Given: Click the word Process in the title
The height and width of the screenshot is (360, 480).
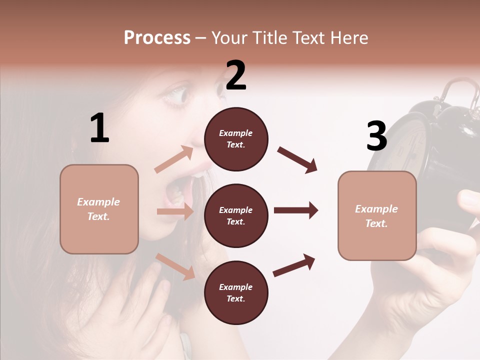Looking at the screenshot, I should click(x=157, y=38).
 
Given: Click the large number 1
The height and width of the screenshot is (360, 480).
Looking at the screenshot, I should click(x=99, y=129).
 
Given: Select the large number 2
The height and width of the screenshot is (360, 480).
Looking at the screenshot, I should click(x=236, y=76).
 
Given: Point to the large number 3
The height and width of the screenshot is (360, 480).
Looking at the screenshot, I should click(x=376, y=136).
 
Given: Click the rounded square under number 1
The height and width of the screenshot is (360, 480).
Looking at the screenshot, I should click(x=99, y=209).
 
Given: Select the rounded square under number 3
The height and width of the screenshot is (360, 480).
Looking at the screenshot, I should click(x=377, y=216).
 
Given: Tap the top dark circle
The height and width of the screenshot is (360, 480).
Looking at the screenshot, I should click(x=236, y=139).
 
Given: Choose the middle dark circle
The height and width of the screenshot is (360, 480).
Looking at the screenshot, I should click(x=236, y=215).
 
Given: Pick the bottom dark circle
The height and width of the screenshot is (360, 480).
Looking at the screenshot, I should click(x=236, y=292).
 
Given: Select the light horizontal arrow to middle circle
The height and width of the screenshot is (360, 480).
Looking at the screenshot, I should click(x=175, y=211).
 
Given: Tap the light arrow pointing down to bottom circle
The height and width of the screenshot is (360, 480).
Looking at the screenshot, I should click(x=175, y=266).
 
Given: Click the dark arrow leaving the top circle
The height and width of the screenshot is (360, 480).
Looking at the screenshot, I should click(x=297, y=160).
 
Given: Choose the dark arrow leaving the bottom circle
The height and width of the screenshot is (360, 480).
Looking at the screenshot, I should click(x=294, y=265).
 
